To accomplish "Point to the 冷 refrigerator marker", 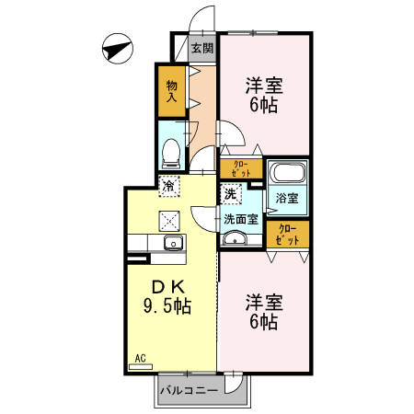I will tap(169, 186).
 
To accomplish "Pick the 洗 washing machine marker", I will tap(231, 194).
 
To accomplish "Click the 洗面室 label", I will tap(240, 219).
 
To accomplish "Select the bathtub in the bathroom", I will tap(287, 172).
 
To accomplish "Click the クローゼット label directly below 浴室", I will tap(288, 234).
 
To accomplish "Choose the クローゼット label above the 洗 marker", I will tap(241, 169).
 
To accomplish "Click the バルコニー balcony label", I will tap(188, 390).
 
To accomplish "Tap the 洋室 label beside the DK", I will tap(263, 302).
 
